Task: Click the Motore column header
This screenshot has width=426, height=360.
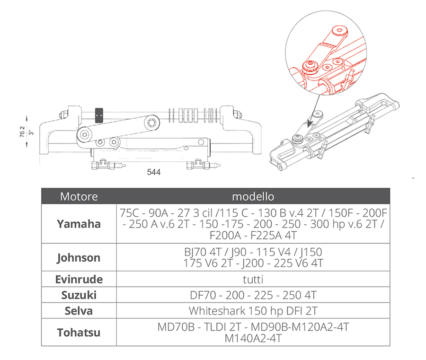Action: point(79,196)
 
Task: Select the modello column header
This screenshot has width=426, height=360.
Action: point(253,196)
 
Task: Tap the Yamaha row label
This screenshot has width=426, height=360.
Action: point(79,224)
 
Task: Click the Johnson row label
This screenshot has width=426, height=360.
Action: point(79,257)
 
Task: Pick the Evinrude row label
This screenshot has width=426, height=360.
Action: point(79,280)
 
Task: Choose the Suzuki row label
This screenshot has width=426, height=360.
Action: point(79,295)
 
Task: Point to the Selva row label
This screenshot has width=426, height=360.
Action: point(79,311)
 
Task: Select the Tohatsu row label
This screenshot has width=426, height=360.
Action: point(79,332)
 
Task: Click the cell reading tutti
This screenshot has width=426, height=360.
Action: point(253,280)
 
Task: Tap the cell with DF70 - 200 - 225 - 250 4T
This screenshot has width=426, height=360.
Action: point(253,295)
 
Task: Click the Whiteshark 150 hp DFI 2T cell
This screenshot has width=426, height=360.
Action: point(253,311)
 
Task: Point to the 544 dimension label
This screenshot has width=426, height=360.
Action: point(154,172)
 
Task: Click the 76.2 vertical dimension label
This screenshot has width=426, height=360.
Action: point(22,132)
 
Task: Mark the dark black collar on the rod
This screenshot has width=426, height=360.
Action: point(99,115)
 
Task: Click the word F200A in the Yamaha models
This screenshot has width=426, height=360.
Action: point(225,235)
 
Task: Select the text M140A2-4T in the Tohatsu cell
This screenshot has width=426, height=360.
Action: point(253,338)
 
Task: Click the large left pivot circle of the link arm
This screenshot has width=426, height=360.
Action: point(85,134)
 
